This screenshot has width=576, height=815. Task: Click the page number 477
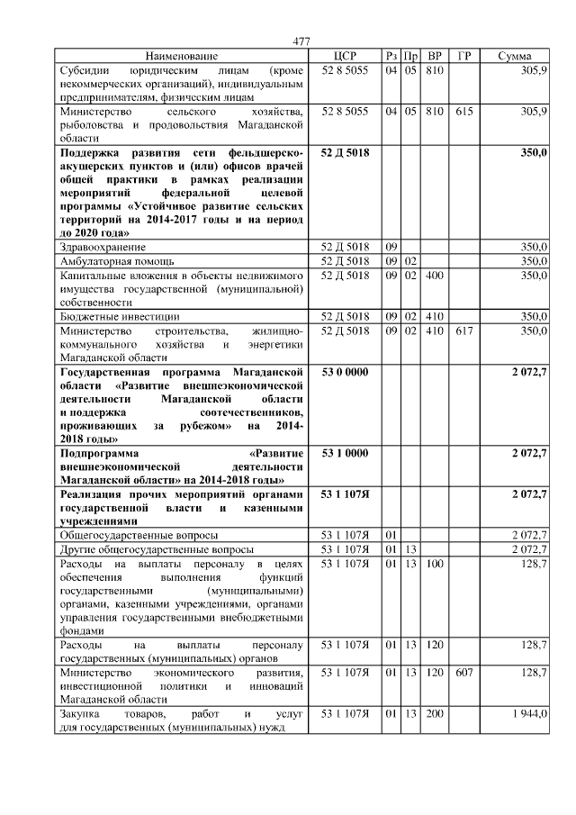301,41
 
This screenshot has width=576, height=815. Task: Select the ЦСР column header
345,56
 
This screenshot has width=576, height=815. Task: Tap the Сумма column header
514,56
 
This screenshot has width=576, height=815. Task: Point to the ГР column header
463,56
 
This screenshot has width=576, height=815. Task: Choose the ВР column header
435,56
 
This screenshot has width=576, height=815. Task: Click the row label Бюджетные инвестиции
119,317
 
